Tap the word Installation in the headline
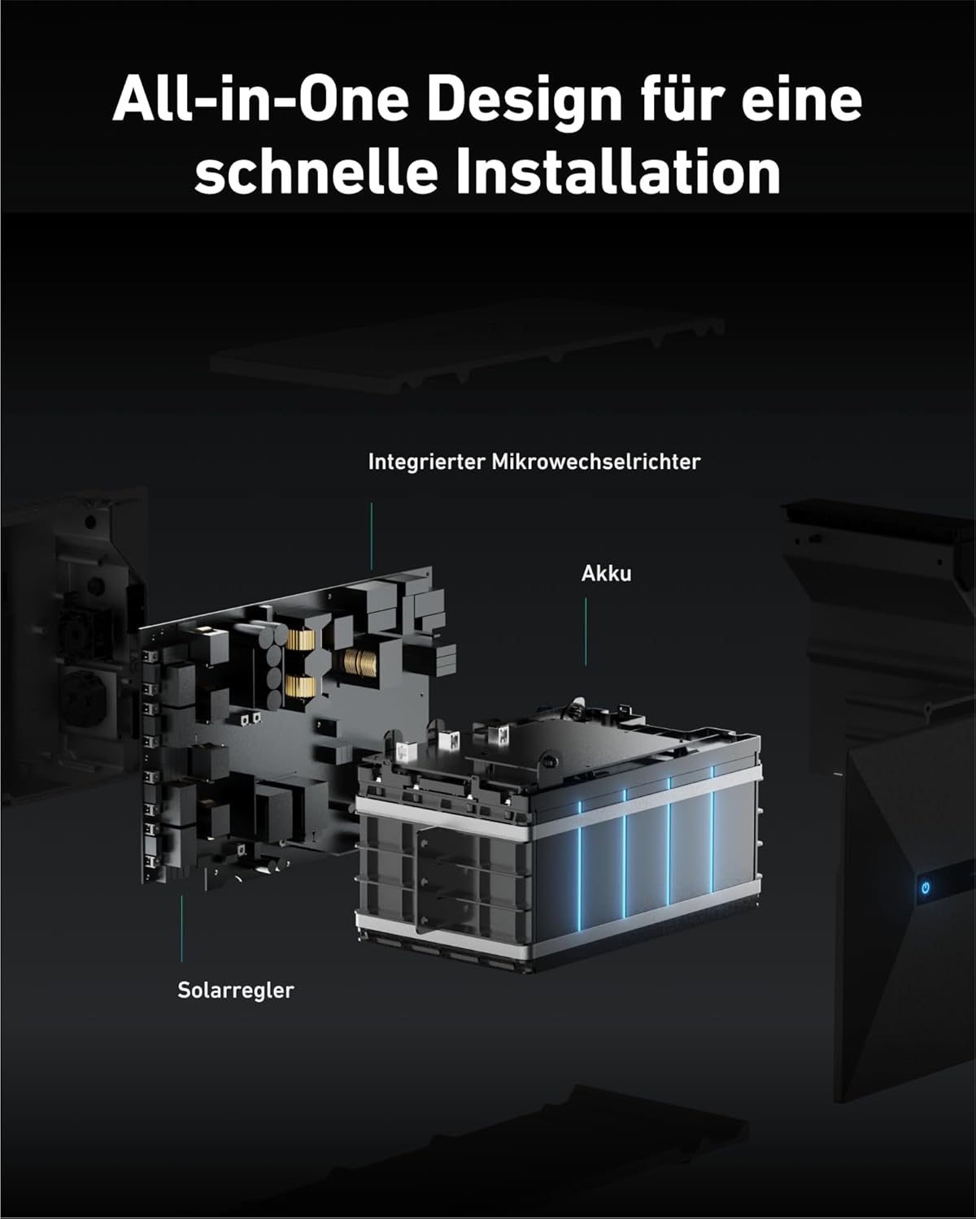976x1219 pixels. coord(619,171)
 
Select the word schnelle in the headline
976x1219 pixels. coord(316,171)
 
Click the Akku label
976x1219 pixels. coord(606,573)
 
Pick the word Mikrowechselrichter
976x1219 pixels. coord(596,462)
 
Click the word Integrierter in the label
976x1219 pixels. coord(427,462)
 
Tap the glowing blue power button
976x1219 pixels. coord(925,887)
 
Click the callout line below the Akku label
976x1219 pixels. coord(586,631)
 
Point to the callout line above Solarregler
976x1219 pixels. coord(182,928)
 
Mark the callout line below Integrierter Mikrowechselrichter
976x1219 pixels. coord(372,536)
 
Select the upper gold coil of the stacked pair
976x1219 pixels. coord(301,640)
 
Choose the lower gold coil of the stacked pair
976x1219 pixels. coord(301,687)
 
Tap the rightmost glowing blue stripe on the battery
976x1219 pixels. coord(712,829)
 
